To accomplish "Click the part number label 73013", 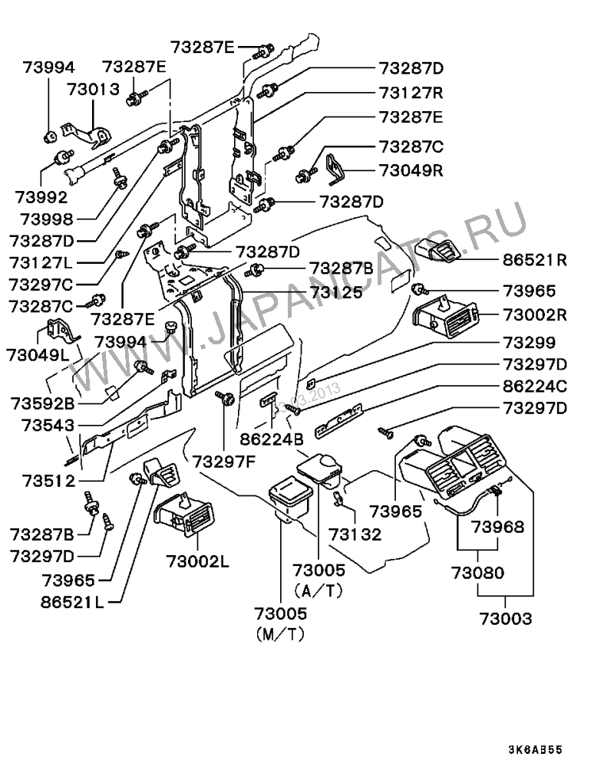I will [93, 88].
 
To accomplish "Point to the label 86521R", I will [536, 260].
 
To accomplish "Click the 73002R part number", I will [536, 314].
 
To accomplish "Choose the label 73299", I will [530, 342].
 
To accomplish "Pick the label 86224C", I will [536, 387].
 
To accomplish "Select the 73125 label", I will [337, 292].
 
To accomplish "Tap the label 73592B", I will [43, 402].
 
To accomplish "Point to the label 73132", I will [355, 535].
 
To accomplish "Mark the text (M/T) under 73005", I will [279, 636].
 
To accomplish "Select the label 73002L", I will [197, 561].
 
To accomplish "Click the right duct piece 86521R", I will [437, 252].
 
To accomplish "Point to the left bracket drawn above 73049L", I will [61, 331].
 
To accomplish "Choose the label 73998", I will [48, 219].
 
